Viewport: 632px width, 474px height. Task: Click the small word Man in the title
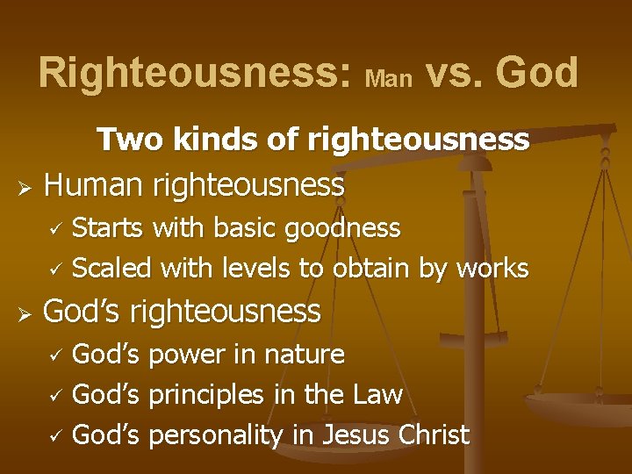388,79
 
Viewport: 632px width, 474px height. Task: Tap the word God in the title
537,73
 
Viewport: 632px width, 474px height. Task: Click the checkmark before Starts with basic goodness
55,230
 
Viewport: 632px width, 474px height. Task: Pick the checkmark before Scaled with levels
55,269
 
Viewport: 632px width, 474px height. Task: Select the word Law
377,395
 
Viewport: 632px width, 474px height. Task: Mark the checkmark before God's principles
55,397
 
